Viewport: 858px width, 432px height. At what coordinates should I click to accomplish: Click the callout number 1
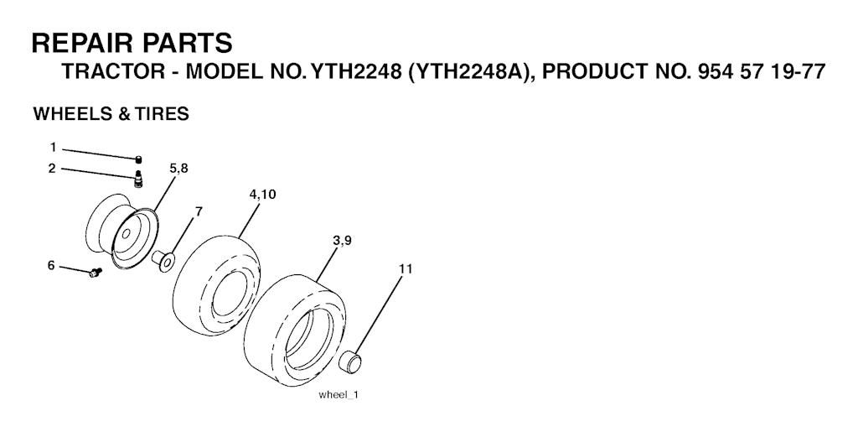(53, 148)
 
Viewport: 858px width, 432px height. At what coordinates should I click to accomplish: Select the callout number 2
(52, 168)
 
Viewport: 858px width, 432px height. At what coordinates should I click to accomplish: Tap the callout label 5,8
(179, 168)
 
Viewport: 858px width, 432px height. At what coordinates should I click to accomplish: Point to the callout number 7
(199, 211)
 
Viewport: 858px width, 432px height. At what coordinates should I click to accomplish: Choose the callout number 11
(406, 268)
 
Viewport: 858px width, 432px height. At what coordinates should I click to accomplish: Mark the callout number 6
(51, 266)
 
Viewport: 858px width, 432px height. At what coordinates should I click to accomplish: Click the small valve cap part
(139, 159)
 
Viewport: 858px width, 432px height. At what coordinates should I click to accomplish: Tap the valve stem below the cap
(138, 179)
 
